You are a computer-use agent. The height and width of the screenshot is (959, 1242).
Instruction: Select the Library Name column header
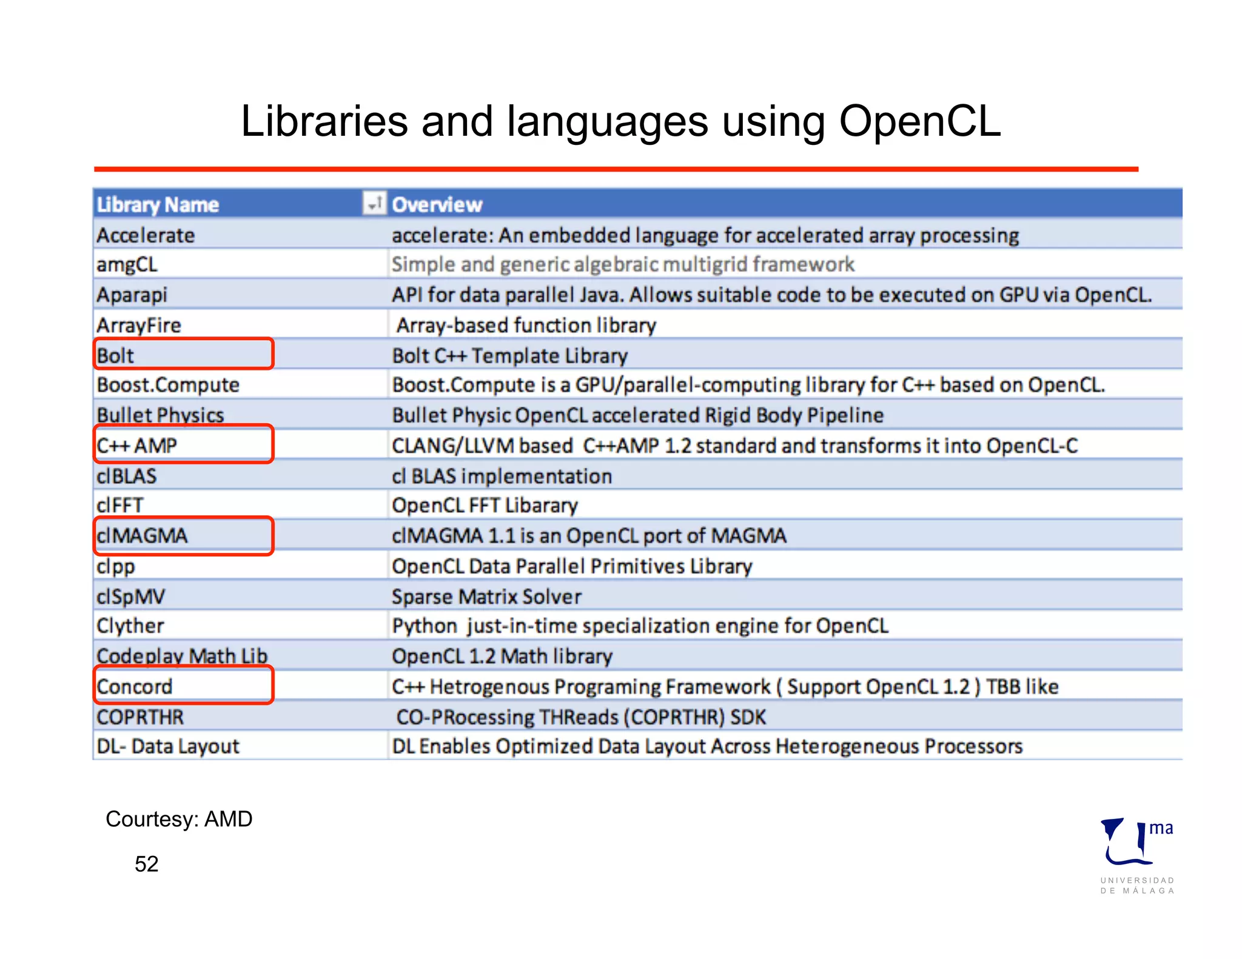pos(158,205)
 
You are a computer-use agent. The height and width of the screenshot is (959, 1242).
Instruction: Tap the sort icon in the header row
pos(374,203)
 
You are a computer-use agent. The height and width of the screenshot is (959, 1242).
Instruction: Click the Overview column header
pos(437,205)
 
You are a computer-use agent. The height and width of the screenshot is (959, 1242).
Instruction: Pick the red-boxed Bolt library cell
pos(183,355)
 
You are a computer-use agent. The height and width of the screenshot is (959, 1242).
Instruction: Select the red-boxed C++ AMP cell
pos(183,445)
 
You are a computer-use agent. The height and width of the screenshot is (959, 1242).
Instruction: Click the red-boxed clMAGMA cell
pos(183,536)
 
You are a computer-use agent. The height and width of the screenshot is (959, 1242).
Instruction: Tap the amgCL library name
pos(127,265)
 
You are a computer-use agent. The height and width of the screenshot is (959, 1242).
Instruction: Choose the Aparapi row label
pos(132,295)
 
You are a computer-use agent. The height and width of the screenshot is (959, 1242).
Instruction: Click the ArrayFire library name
pos(139,326)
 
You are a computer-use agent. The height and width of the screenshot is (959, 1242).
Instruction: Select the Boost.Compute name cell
pos(168,385)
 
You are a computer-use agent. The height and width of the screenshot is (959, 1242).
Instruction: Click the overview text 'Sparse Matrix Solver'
pos(486,596)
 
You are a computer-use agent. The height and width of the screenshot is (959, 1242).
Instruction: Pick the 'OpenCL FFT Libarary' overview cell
pos(485,506)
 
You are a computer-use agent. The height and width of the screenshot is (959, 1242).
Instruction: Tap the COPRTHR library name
pos(140,717)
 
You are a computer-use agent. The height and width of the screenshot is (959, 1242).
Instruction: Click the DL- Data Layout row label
pos(168,746)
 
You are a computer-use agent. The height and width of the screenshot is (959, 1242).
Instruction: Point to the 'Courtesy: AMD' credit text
pos(179,819)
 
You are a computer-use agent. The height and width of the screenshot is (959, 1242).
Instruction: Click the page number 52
pos(146,864)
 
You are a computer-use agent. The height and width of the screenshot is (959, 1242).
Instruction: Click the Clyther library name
pos(130,626)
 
